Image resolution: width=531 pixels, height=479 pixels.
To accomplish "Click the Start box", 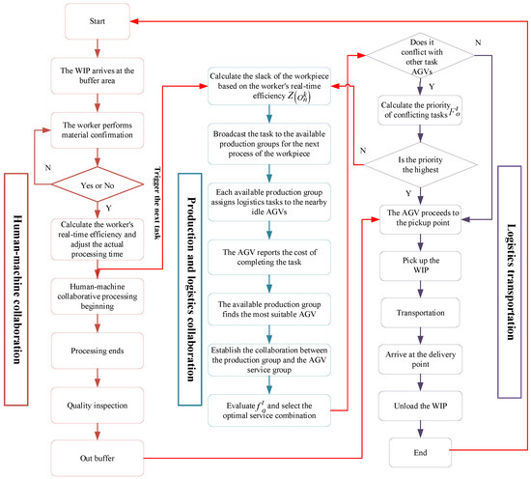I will (x=95, y=20).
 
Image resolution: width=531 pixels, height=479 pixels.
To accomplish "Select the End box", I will (x=422, y=451).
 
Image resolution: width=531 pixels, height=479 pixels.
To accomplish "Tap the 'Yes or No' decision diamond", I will (x=95, y=180).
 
